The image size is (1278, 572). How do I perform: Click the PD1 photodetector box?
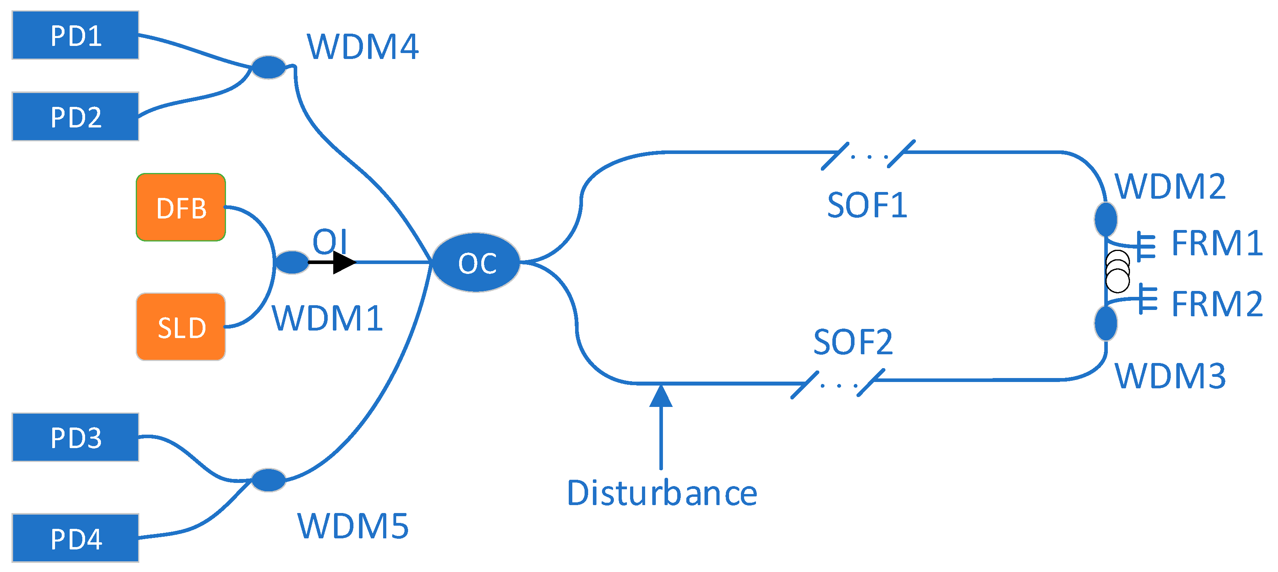click(x=76, y=35)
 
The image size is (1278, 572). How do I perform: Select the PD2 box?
click(x=76, y=117)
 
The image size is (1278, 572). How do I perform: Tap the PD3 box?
click(x=76, y=437)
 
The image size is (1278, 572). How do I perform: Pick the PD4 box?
click(x=76, y=538)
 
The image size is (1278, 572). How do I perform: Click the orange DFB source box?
click(x=181, y=207)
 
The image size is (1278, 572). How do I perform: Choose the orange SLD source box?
click(x=181, y=327)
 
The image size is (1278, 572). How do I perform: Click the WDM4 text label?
click(x=363, y=47)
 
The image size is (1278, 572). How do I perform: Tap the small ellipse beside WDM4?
click(x=269, y=67)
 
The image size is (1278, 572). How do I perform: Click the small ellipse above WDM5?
click(x=268, y=480)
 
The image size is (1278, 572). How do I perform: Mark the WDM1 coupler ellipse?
click(x=292, y=262)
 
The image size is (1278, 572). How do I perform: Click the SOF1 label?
click(x=867, y=205)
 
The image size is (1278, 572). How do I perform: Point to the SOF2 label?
click(x=853, y=342)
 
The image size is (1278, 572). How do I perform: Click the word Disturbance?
click(x=662, y=494)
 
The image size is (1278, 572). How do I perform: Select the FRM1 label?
click(x=1217, y=243)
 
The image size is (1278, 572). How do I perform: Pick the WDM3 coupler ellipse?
click(x=1106, y=323)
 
